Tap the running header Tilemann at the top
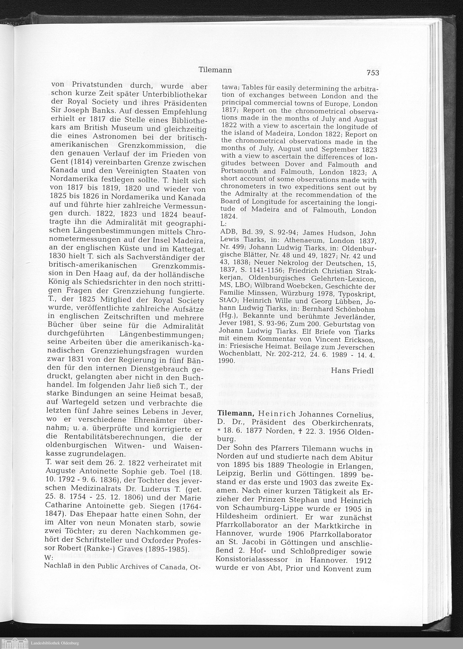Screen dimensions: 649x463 click(215, 70)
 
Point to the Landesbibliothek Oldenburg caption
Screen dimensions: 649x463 click(54, 643)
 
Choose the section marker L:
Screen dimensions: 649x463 click(224, 224)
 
